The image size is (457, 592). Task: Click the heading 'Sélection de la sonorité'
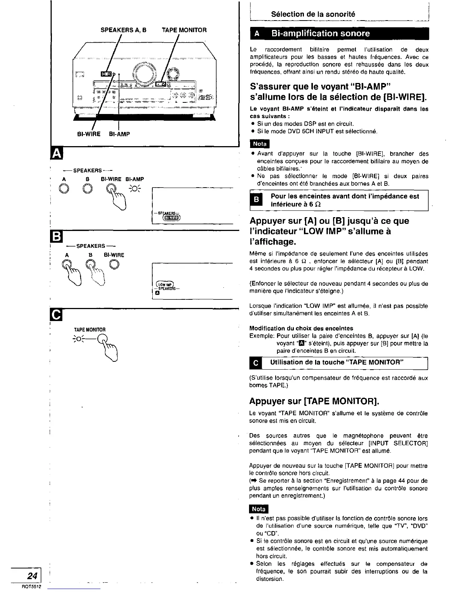point(313,14)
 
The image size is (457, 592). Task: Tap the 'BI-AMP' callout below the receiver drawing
point(119,134)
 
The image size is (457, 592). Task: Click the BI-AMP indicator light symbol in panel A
point(134,188)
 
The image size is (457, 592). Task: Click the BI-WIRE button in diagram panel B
point(115,264)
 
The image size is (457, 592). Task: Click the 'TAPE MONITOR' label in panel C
point(90,330)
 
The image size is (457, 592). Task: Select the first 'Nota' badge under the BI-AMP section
point(260,144)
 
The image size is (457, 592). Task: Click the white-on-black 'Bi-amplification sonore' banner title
point(320,34)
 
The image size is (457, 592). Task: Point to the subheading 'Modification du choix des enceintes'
point(301,328)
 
